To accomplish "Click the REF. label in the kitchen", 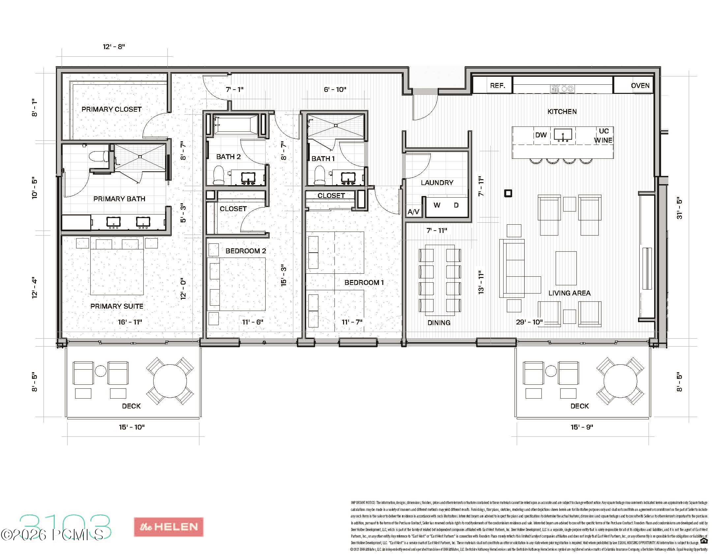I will (x=497, y=86).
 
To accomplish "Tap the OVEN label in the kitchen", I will (x=640, y=86).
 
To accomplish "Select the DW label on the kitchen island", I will (x=541, y=135).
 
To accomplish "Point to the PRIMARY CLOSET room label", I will (x=111, y=109).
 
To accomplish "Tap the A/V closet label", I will (x=413, y=212).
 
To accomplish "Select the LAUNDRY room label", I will (x=437, y=183).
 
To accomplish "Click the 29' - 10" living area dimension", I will (x=529, y=322).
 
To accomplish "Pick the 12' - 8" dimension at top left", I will (x=114, y=47).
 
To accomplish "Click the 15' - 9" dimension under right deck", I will (x=582, y=427).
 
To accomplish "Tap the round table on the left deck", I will (x=170, y=381).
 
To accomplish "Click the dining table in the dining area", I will (x=440, y=280).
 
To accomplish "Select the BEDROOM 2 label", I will (x=246, y=251).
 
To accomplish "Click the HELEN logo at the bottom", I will (x=169, y=527).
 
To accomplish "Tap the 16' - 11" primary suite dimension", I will (x=130, y=322).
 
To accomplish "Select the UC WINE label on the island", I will (x=603, y=135).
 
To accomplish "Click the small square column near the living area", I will (x=508, y=193).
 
